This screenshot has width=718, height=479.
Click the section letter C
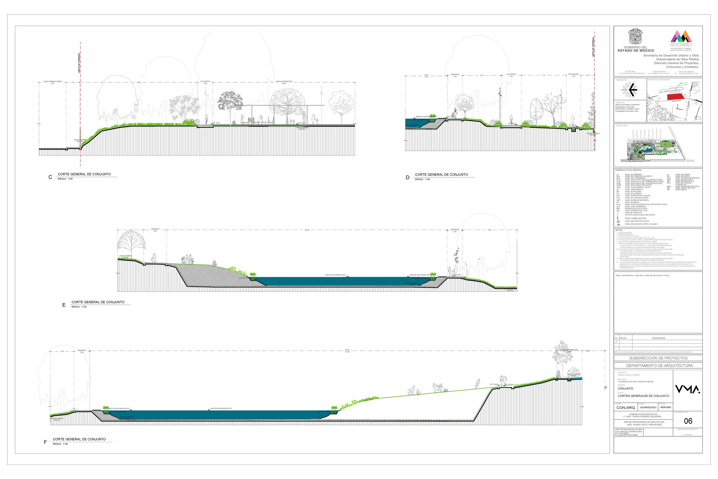click(x=50, y=177)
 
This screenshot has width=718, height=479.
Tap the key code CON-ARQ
click(x=625, y=408)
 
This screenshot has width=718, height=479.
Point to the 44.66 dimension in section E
click(x=307, y=230)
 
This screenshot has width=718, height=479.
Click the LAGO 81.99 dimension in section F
click(x=347, y=351)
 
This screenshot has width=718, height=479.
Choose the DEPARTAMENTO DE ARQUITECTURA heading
click(x=659, y=366)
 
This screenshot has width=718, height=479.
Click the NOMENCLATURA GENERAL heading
click(x=629, y=170)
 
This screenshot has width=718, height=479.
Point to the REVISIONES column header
click(x=659, y=338)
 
